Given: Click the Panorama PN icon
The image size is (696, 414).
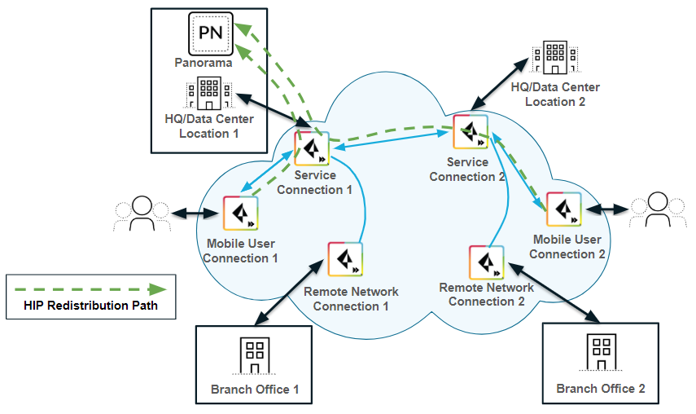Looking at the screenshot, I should (211, 33).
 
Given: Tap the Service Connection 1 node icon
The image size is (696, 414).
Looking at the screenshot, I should (311, 148).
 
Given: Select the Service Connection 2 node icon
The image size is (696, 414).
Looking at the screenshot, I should (471, 134).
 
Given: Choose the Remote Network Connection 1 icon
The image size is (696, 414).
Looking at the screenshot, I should (344, 260).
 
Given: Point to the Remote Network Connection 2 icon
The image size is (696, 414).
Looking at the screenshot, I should (487, 262).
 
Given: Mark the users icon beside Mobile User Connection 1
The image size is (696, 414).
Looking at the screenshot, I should (142, 214).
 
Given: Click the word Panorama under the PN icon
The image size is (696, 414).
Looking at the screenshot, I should (204, 62).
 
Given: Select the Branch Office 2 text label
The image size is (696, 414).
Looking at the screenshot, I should (601, 389).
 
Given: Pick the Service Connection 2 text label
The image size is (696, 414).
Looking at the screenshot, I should (467, 170).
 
